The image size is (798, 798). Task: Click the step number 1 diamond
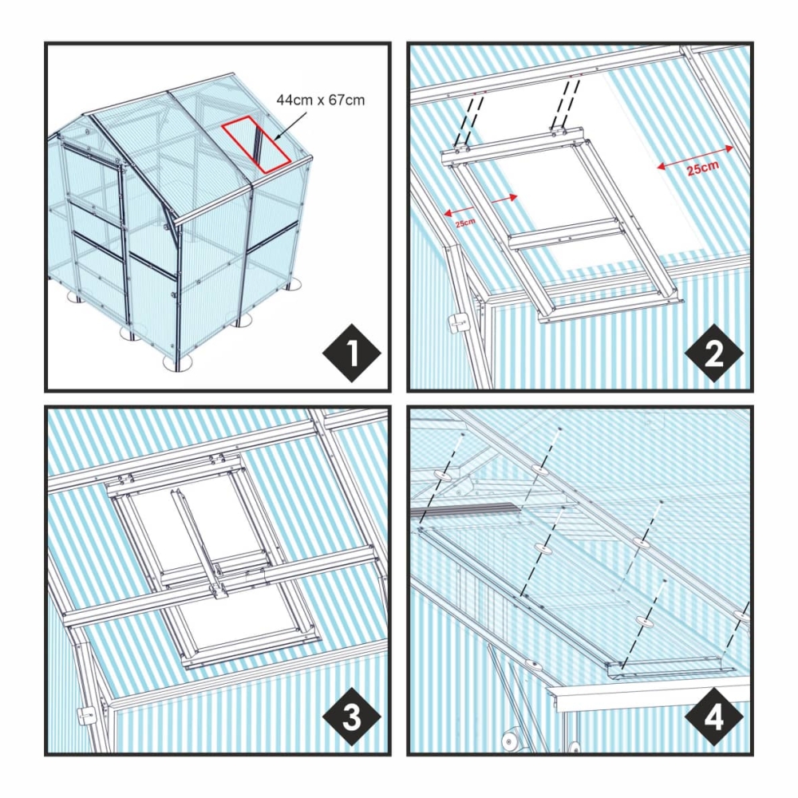[x=352, y=353]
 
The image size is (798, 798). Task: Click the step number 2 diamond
[x=713, y=353]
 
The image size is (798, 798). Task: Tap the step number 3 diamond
[x=352, y=717]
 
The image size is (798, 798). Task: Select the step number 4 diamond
[x=713, y=717]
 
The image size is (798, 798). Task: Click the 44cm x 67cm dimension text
[x=321, y=100]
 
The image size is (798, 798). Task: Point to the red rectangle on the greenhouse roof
[x=256, y=144]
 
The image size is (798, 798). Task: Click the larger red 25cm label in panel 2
[x=703, y=168]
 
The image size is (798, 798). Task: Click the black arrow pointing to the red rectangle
[x=290, y=126]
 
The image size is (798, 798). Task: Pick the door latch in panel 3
[x=86, y=717]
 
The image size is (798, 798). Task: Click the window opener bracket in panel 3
[x=220, y=591]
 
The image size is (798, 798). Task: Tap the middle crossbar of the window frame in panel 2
[x=567, y=234]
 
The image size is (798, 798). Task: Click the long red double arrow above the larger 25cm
[x=695, y=157]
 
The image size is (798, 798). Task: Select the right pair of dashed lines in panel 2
[x=566, y=103]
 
